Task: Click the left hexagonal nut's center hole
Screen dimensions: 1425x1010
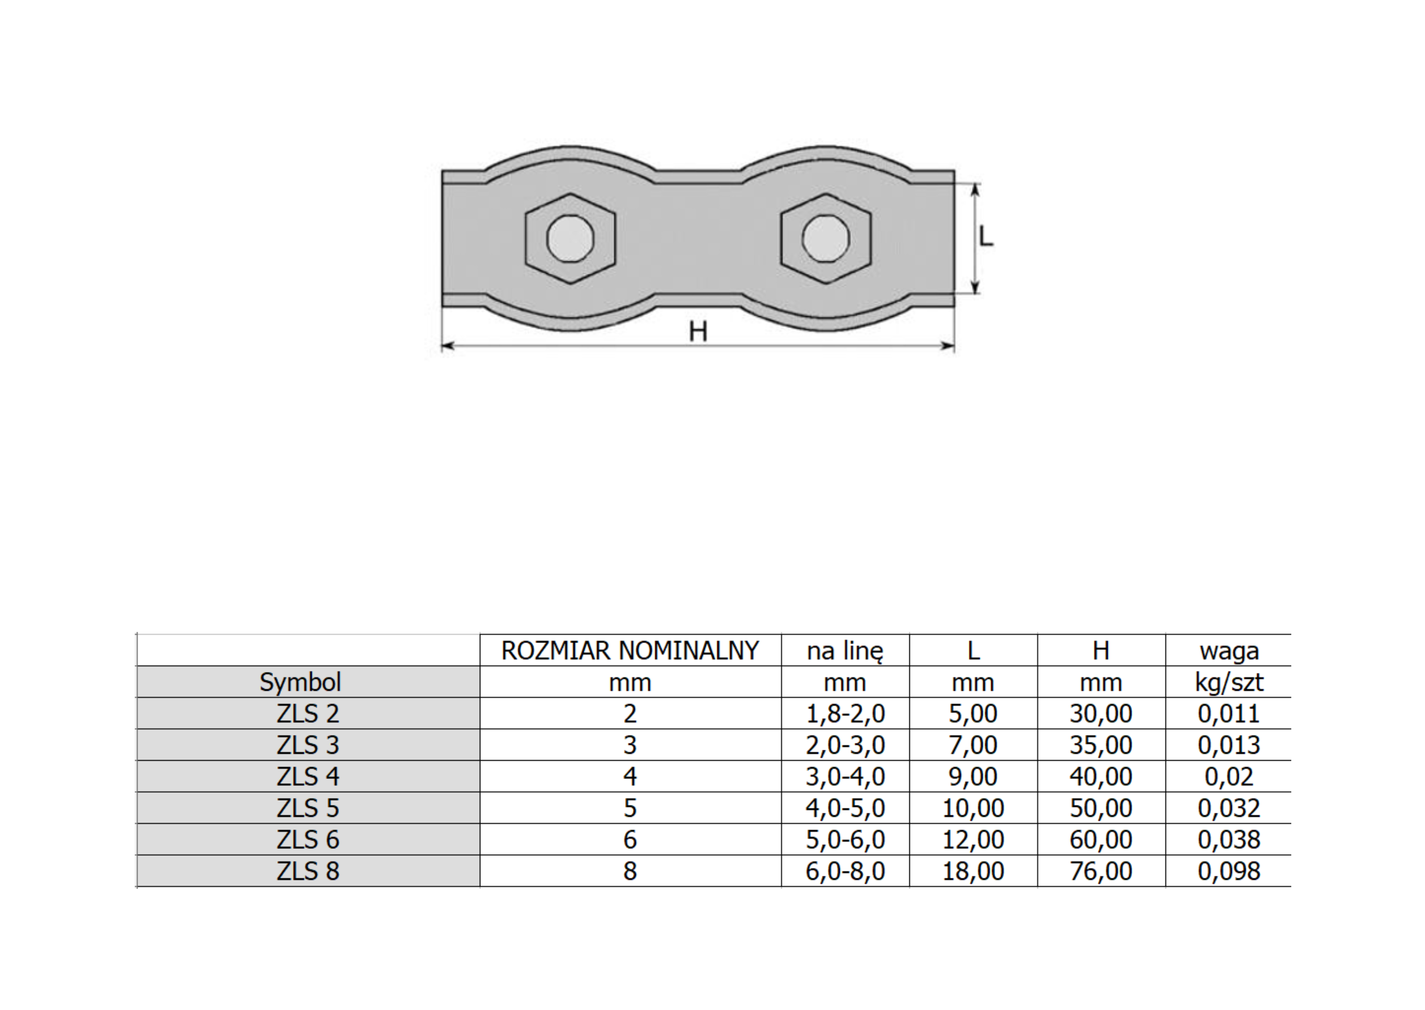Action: tap(570, 238)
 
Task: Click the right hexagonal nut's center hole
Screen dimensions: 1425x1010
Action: tap(826, 238)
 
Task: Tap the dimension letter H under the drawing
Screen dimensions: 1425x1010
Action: tap(698, 331)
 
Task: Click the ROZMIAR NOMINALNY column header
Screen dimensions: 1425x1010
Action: tap(630, 651)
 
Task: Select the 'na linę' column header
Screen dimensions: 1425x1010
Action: tap(845, 651)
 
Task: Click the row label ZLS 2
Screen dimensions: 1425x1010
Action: tap(308, 713)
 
